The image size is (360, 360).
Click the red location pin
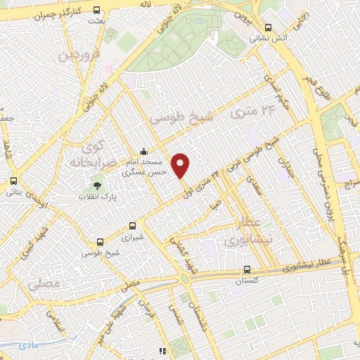[x=181, y=165]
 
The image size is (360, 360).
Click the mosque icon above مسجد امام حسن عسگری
[x=144, y=151]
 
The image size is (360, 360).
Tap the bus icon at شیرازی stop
[x=133, y=226]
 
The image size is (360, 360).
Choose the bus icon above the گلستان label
[x=247, y=269]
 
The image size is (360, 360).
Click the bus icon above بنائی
[x=14, y=181]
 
